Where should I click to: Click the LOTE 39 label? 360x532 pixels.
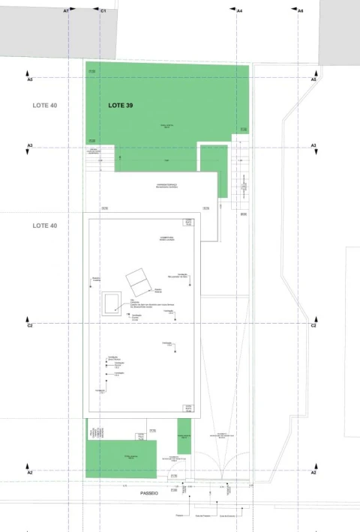click(121, 106)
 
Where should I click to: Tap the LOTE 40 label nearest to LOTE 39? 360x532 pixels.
click(44, 106)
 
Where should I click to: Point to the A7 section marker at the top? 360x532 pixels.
click(66, 11)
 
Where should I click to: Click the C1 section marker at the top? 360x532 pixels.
click(103, 11)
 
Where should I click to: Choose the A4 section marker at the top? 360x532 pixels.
click(239, 11)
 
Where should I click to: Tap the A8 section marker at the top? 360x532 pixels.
click(300, 11)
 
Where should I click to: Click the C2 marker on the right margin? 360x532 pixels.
click(313, 325)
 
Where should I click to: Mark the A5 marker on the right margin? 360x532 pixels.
click(313, 79)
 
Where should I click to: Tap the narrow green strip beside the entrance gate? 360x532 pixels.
click(183, 437)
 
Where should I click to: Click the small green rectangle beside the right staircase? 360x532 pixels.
click(213, 170)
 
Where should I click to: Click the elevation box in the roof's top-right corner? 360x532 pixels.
click(188, 223)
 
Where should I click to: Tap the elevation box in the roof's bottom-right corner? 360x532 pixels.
click(188, 408)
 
